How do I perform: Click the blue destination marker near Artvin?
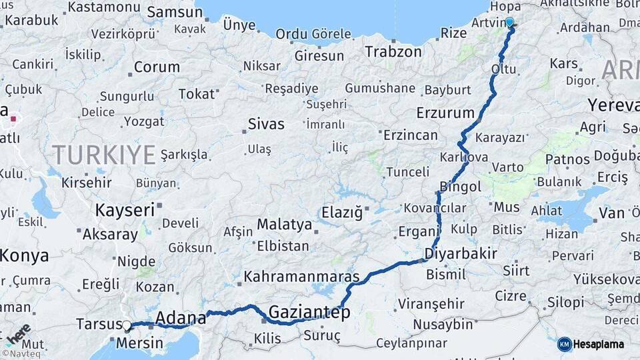click(x=510, y=22)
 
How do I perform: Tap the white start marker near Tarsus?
click(x=127, y=325)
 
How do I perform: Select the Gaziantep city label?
click(x=309, y=313)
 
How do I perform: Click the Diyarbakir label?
click(x=461, y=253)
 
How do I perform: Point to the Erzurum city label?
click(x=445, y=112)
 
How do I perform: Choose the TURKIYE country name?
click(x=104, y=155)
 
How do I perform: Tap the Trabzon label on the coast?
click(x=393, y=51)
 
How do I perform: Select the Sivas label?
click(x=266, y=124)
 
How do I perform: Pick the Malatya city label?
click(x=285, y=224)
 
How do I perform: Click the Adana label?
click(x=180, y=318)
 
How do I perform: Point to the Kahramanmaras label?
click(x=301, y=276)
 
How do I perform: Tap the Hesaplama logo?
click(x=592, y=344)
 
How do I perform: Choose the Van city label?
click(x=611, y=213)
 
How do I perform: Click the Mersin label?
click(x=139, y=343)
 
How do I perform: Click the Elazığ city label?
click(x=342, y=213)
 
